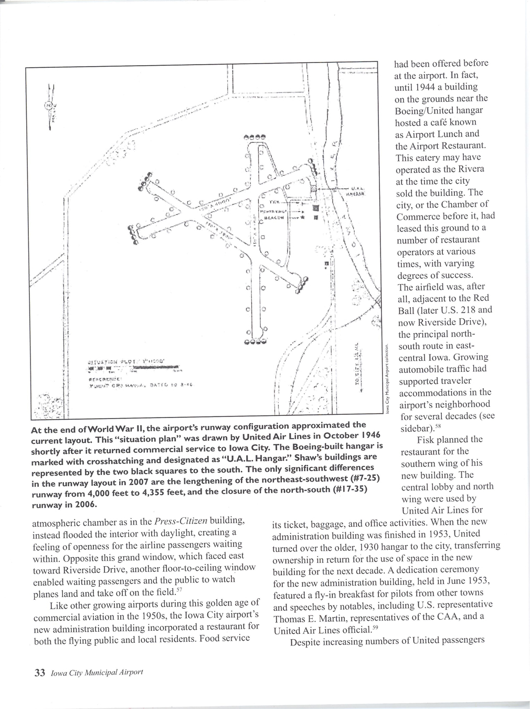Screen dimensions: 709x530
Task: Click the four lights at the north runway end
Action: pos(256,137)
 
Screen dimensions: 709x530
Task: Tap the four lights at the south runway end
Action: pos(256,343)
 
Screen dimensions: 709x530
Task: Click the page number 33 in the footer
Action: pos(39,673)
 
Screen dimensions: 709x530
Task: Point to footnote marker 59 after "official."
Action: pos(375,627)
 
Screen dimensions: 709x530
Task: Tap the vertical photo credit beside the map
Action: pos(387,378)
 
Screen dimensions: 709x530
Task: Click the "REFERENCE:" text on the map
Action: pos(105,377)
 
